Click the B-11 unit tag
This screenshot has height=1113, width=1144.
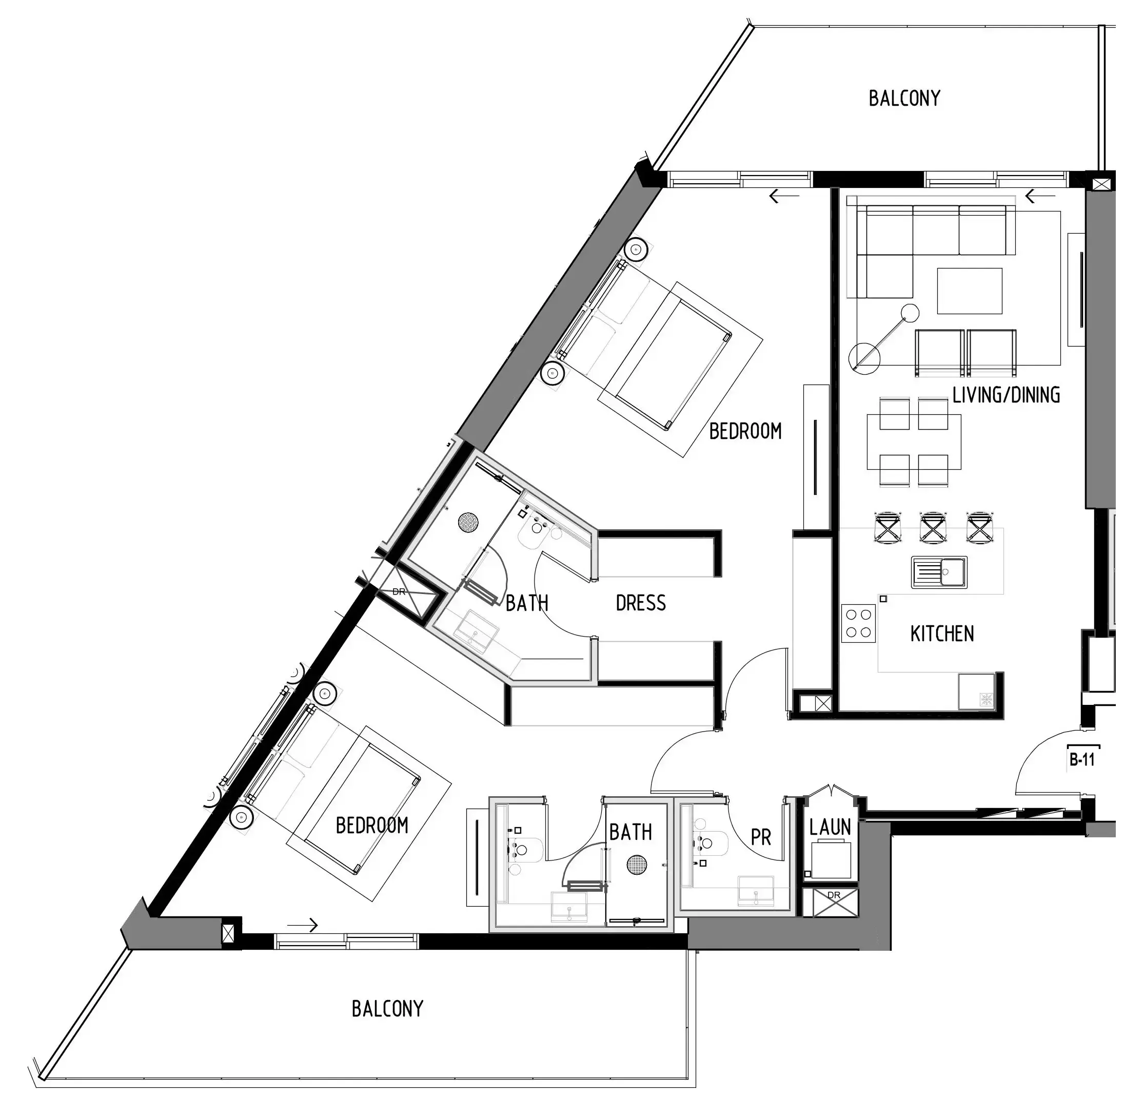(1081, 759)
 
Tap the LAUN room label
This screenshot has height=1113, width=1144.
(830, 827)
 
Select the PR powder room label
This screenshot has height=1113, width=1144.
(761, 838)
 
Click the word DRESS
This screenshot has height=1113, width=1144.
(640, 603)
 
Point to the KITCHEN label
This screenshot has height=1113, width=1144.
(942, 634)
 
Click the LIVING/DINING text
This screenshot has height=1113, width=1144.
(1006, 395)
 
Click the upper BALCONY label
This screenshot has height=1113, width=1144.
(904, 98)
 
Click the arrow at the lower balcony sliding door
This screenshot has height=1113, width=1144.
(304, 925)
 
